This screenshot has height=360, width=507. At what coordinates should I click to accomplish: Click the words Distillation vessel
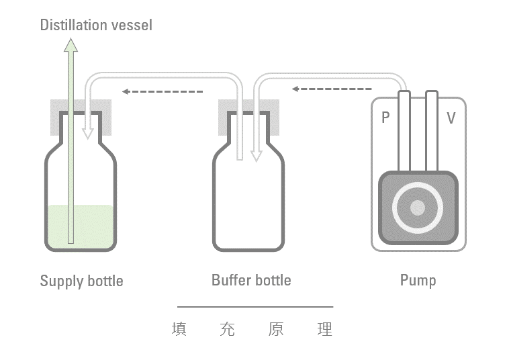coord(96,26)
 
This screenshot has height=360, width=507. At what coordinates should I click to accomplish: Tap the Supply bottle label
coord(81,280)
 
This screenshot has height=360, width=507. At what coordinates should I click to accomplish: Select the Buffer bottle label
coord(251,279)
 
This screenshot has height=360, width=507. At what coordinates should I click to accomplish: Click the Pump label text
coord(418,279)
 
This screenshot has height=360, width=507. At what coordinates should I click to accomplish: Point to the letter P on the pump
coord(385,118)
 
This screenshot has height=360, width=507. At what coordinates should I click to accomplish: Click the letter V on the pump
coord(451,118)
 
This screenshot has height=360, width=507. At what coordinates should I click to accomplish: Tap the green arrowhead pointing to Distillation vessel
coord(71,46)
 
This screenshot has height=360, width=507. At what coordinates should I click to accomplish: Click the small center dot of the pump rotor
coord(418,208)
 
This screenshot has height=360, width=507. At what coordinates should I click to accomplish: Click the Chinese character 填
coord(179,330)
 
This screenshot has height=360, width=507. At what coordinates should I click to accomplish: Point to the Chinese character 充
coord(227,330)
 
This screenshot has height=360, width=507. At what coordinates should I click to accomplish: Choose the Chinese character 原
coord(275,330)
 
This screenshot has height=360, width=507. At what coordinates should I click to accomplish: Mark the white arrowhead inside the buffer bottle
coord(255,155)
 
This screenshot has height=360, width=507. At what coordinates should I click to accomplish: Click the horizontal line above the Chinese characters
coord(255,307)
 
